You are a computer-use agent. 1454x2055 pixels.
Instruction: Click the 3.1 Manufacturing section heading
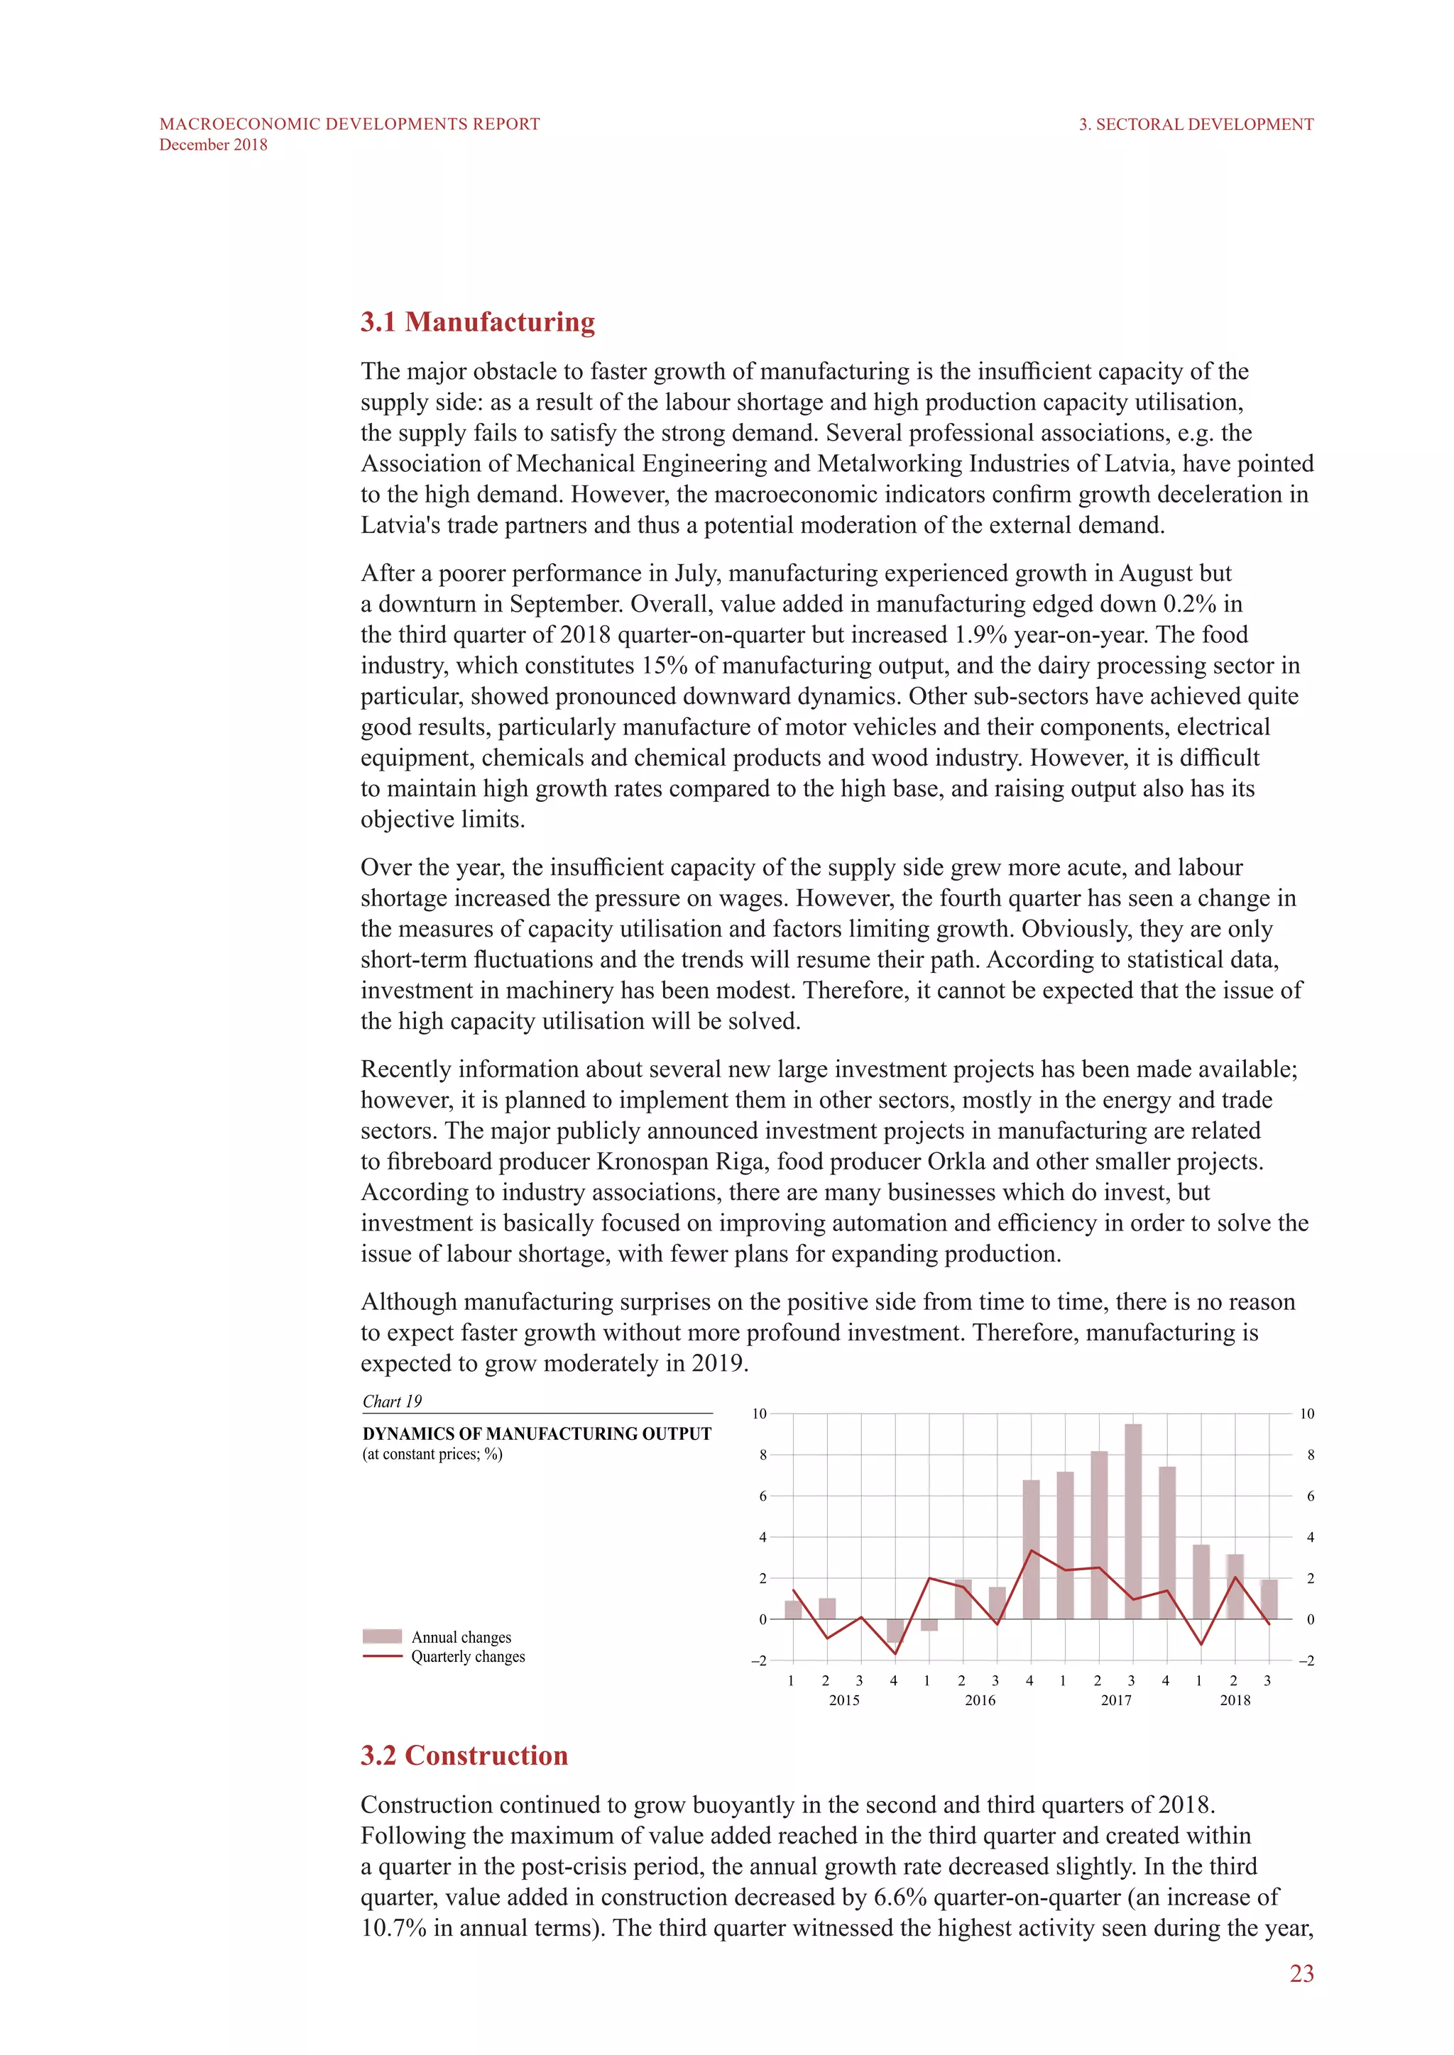[477, 322]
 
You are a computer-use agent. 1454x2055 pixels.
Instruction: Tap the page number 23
[1301, 1973]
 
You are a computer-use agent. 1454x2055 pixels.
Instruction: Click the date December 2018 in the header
[213, 145]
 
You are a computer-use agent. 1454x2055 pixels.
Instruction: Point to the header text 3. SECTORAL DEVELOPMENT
[1196, 124]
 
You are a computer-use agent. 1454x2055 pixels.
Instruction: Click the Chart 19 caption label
[391, 1401]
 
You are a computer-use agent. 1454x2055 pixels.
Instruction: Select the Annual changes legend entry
[460, 1637]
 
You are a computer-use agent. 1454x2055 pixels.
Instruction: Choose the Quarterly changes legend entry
[467, 1657]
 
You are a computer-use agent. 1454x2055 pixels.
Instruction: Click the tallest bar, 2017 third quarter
[1132, 1521]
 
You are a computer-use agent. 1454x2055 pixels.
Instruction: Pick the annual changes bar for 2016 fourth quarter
[1031, 1550]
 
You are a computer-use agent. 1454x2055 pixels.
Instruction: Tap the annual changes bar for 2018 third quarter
[1269, 1599]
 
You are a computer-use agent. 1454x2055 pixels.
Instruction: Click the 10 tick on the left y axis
[759, 1414]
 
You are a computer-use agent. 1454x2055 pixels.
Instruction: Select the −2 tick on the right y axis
[1306, 1661]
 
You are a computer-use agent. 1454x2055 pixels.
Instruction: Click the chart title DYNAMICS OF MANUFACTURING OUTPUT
[536, 1434]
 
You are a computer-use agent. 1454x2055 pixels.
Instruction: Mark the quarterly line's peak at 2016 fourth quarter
[1032, 1551]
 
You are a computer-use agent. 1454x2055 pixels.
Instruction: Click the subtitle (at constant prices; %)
[432, 1455]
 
